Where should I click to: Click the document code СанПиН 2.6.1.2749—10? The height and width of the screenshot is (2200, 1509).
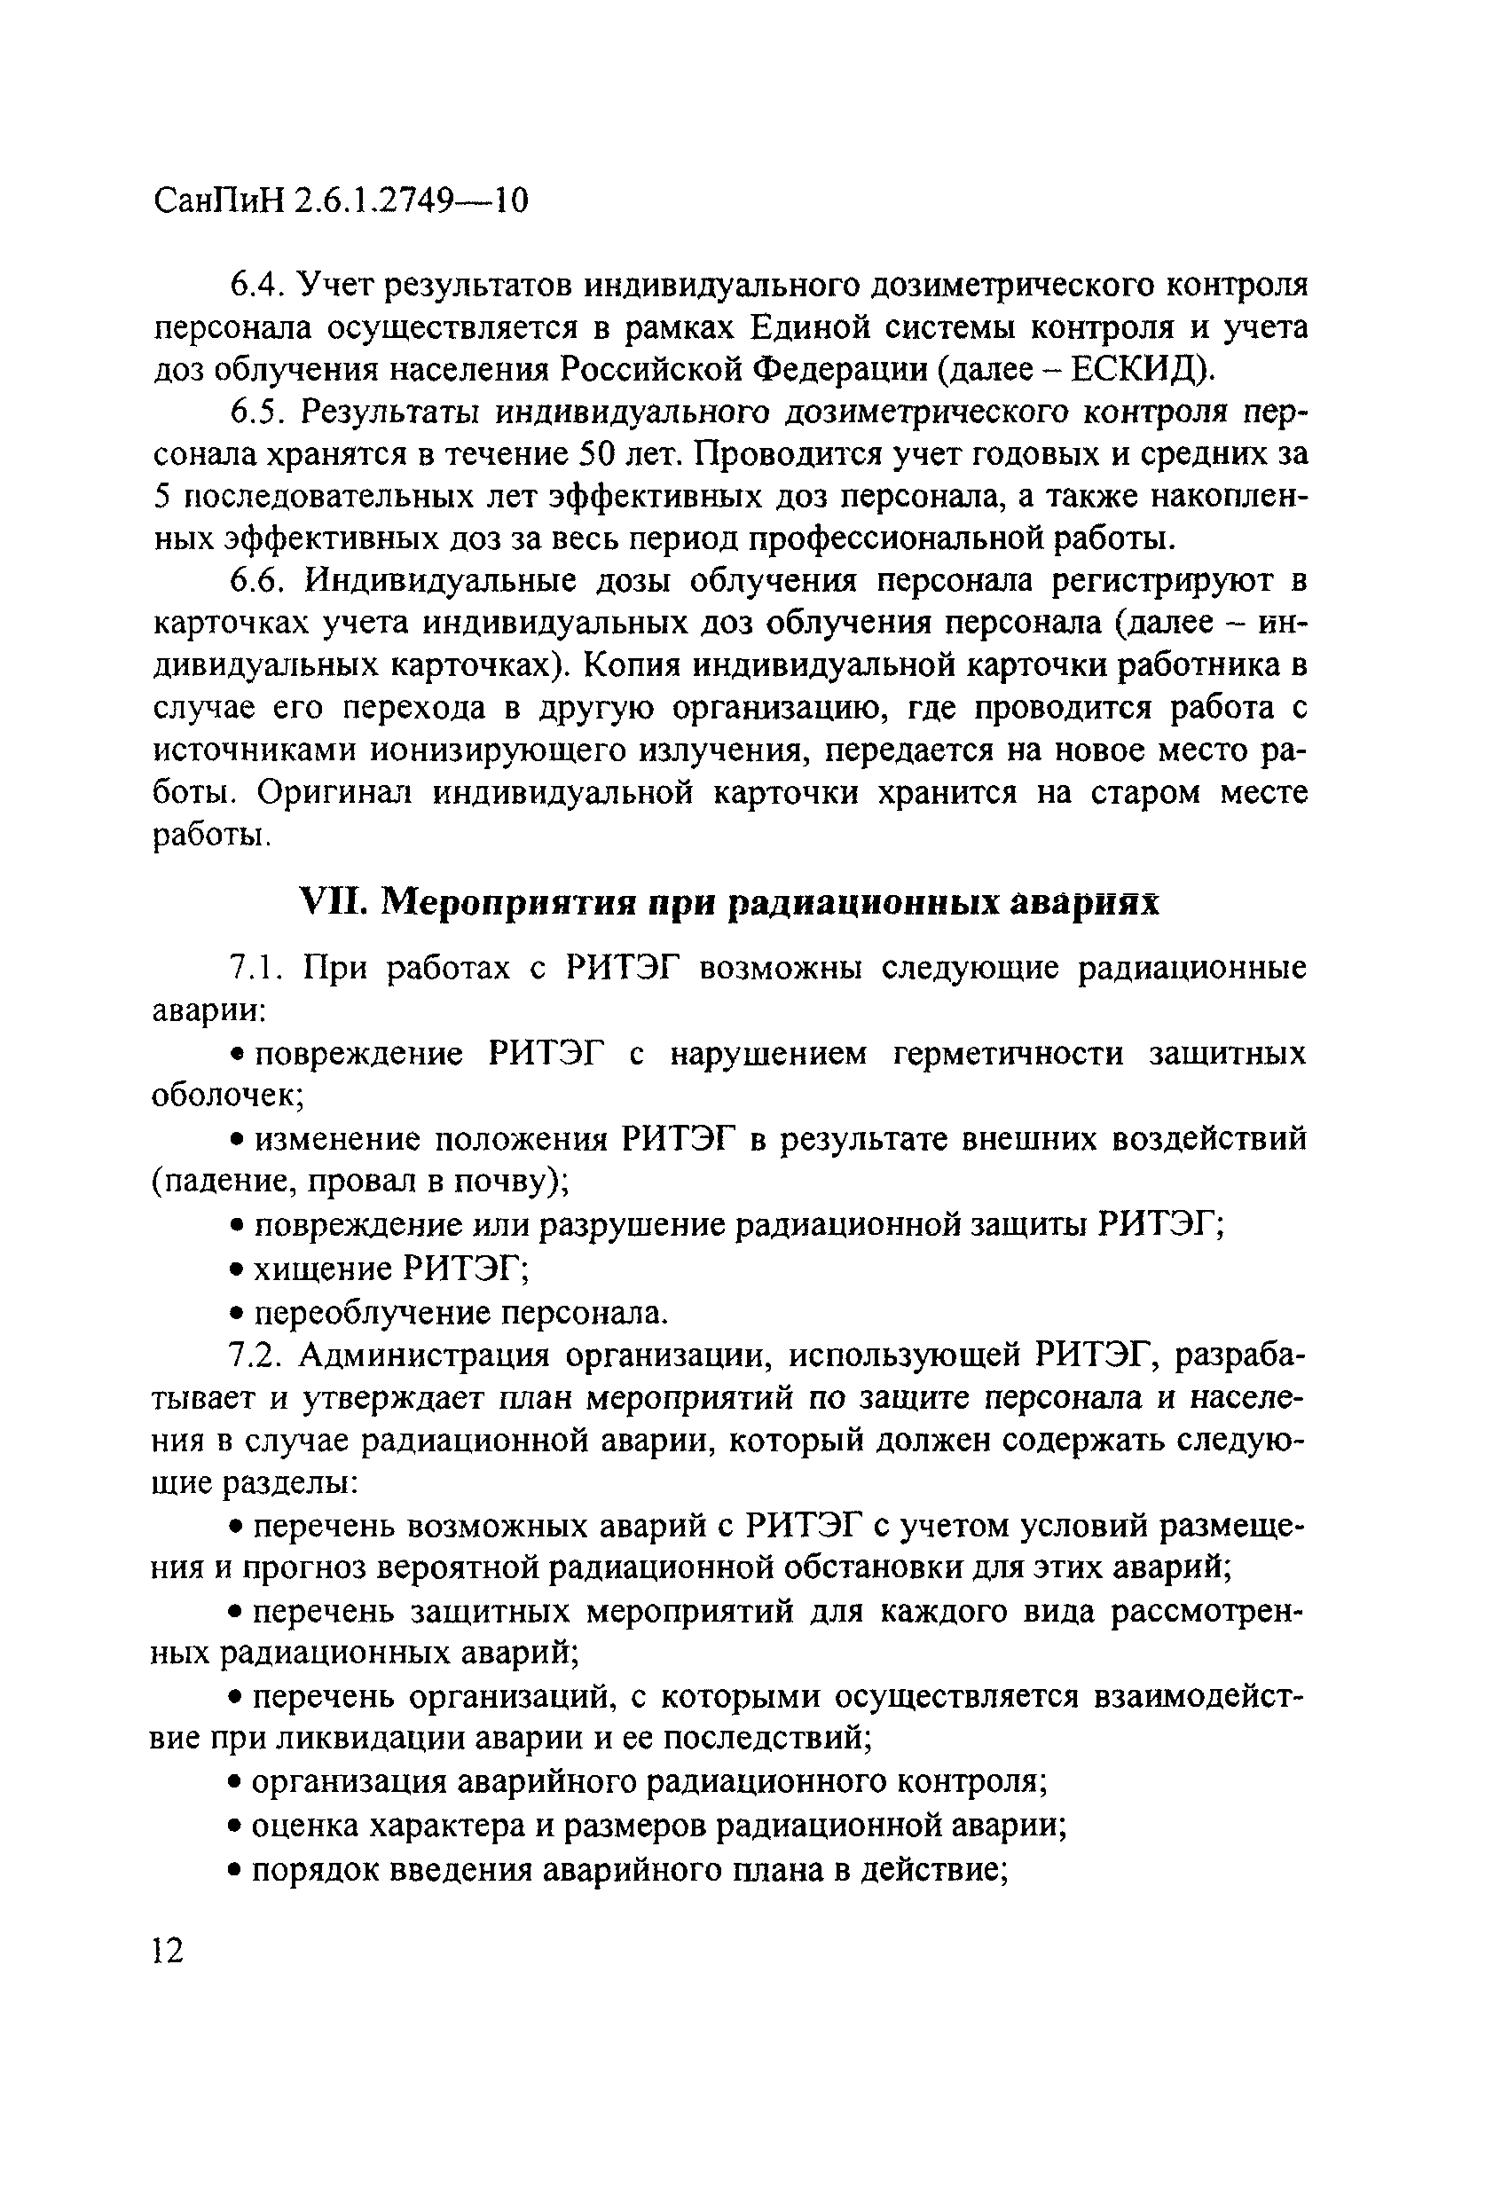click(341, 200)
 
